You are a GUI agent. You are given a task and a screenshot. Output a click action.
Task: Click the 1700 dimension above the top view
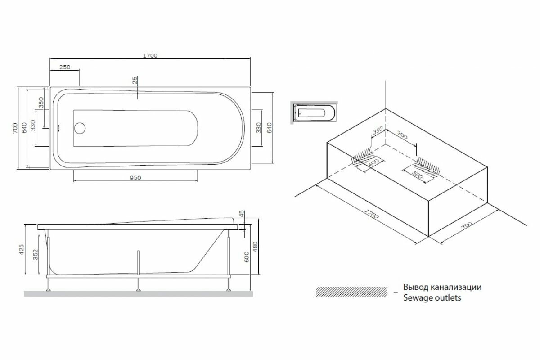point(150,55)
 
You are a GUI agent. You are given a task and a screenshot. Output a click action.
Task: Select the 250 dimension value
point(65,67)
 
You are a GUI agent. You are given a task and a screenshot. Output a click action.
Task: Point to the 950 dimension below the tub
point(135,178)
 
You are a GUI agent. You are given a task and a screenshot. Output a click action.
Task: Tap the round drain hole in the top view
point(80,128)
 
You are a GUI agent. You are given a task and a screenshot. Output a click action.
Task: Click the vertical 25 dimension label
point(135,81)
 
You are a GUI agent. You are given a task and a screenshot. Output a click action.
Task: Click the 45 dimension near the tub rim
point(242,214)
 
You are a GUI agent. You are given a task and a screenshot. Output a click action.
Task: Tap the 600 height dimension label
point(246,256)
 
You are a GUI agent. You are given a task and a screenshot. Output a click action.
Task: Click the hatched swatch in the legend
point(351,292)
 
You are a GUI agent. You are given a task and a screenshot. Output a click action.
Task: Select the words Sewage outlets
point(432,298)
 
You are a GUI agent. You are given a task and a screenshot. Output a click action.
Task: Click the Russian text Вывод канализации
point(442,287)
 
